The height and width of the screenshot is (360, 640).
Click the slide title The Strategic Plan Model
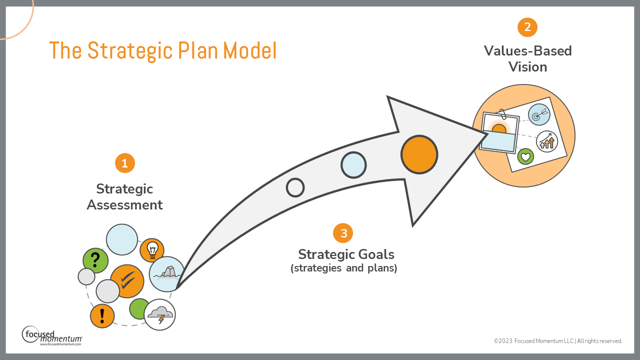(162, 51)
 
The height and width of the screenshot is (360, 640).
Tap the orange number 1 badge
(125, 163)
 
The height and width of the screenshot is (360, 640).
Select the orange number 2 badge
(527, 27)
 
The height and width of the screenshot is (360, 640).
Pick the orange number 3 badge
(343, 233)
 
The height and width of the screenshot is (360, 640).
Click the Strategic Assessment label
(124, 197)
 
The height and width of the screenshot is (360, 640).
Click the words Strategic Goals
(346, 254)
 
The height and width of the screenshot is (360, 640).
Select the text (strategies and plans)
(343, 268)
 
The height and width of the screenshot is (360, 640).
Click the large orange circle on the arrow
(419, 154)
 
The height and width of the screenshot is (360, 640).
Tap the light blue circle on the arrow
(353, 165)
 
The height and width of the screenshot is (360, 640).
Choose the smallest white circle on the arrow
(295, 187)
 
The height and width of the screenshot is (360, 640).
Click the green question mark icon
(95, 260)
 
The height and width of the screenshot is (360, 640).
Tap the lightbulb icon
(152, 249)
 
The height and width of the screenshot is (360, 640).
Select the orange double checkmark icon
(127, 281)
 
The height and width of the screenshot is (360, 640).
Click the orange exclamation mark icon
(102, 315)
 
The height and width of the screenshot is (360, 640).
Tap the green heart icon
(525, 156)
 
